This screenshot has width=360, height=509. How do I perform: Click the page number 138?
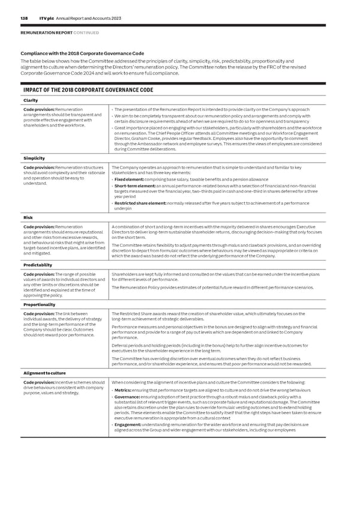(x=25, y=19)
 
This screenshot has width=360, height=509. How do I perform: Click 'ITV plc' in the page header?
(x=47, y=19)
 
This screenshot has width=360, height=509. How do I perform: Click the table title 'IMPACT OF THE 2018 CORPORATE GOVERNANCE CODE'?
(x=88, y=90)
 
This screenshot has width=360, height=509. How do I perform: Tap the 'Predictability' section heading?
(x=37, y=264)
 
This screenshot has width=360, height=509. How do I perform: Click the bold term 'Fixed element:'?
(x=128, y=179)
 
